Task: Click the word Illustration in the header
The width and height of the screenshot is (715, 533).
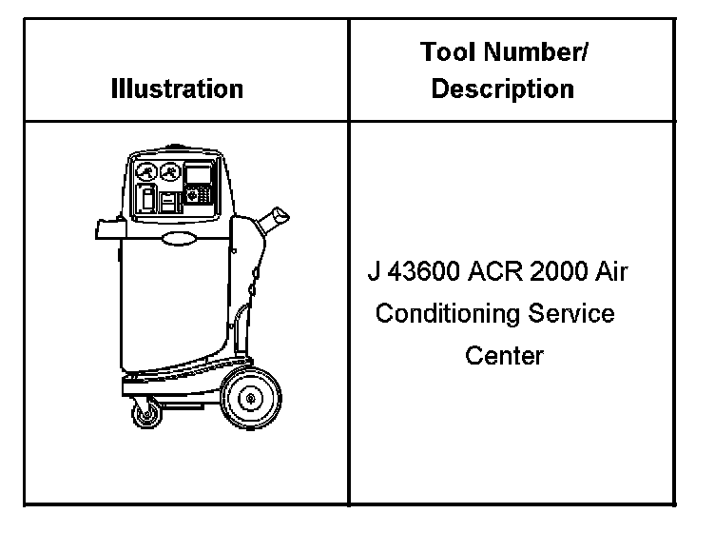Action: (x=177, y=89)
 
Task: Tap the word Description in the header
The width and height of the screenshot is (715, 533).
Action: (x=502, y=89)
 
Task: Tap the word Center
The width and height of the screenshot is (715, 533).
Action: (x=504, y=356)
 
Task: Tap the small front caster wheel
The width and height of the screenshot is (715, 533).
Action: (x=148, y=414)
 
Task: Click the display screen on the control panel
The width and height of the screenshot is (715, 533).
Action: (x=199, y=173)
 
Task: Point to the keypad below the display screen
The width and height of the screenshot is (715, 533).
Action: (x=199, y=195)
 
